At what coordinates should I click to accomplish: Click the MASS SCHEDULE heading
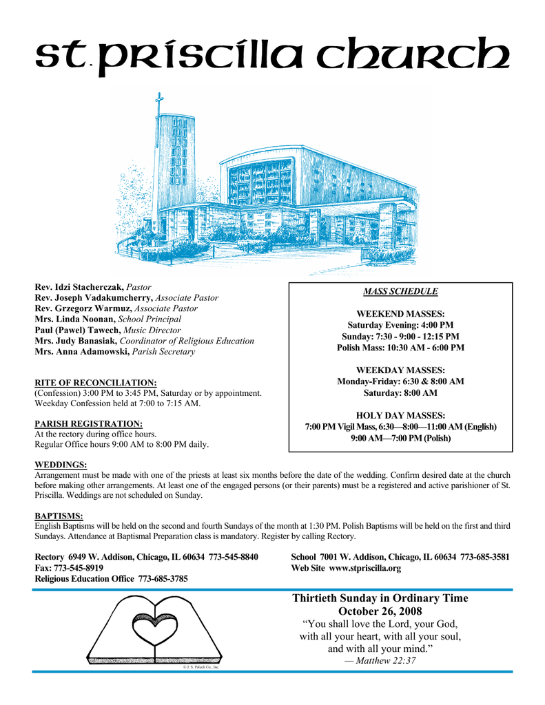(400, 291)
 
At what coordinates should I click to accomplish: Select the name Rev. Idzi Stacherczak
(79, 286)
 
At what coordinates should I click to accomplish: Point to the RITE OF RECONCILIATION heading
(96, 382)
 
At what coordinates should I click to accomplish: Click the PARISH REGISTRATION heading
(88, 423)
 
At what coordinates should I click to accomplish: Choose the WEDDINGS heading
(61, 465)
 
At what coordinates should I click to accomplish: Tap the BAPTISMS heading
(59, 515)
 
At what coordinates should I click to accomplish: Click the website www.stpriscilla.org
(364, 569)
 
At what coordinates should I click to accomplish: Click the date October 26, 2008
(380, 611)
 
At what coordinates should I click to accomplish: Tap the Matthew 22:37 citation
(380, 662)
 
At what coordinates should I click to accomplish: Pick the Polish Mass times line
(400, 348)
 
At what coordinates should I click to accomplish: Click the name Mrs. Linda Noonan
(75, 319)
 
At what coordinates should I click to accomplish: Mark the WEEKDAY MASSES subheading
(400, 370)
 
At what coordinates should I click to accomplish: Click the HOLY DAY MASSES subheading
(400, 415)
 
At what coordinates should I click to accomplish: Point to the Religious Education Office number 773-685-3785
(163, 579)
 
